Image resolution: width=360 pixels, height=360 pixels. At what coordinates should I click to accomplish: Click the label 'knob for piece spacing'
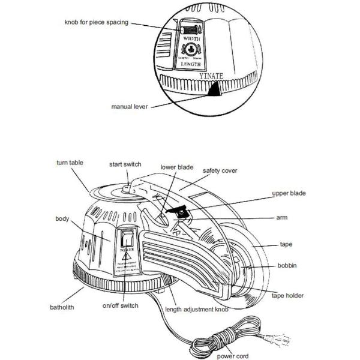click(97, 23)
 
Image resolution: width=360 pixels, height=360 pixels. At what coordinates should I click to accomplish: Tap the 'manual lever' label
click(130, 106)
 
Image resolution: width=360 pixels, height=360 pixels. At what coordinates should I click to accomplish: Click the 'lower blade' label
click(177, 167)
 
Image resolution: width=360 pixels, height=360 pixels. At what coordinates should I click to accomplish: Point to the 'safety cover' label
click(220, 170)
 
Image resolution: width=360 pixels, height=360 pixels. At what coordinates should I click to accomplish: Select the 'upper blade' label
click(289, 193)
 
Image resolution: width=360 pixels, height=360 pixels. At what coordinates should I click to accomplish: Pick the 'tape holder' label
click(287, 295)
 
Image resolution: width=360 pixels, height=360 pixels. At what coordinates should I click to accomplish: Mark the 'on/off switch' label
click(121, 305)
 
